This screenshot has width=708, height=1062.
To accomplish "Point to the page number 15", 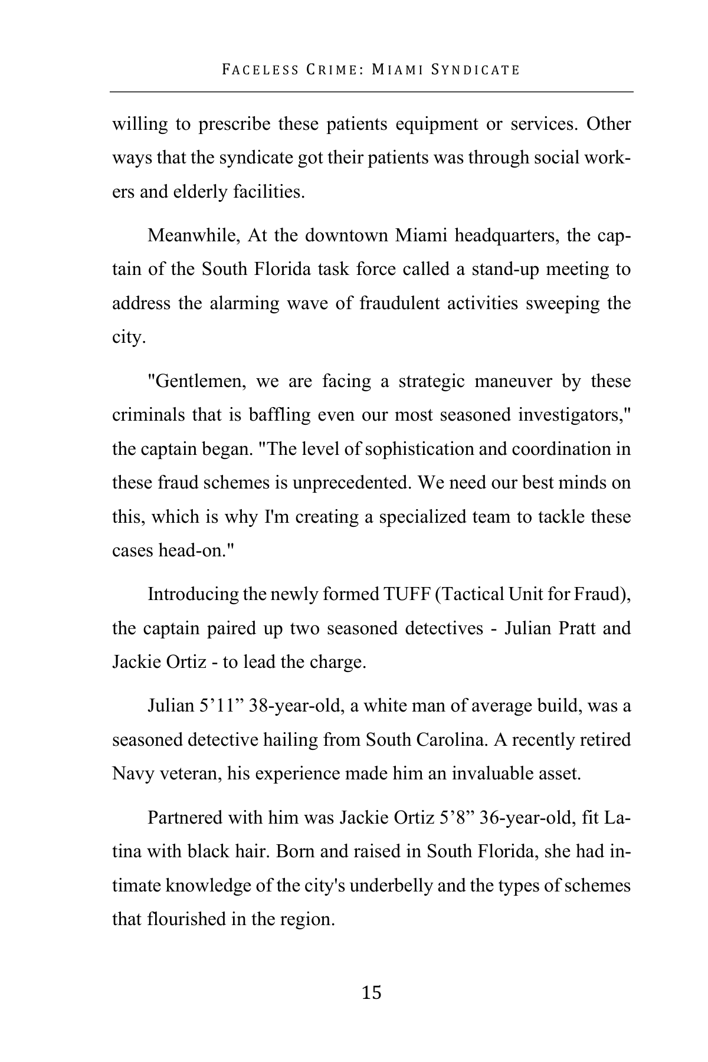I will tap(372, 993).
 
